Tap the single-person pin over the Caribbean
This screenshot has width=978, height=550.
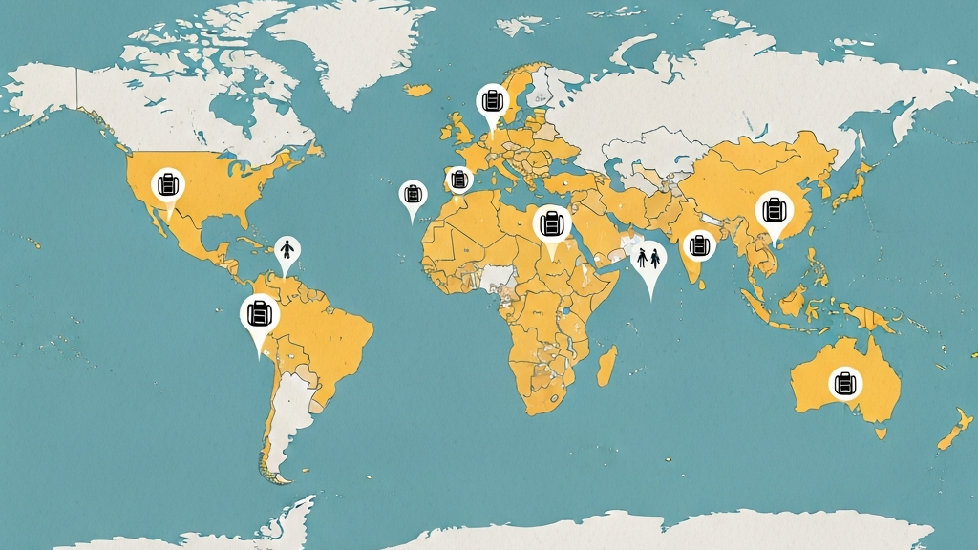(x=287, y=250)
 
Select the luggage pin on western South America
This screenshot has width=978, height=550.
(x=259, y=312)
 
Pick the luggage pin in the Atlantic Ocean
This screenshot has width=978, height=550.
(x=413, y=195)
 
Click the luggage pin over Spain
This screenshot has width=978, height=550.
(x=459, y=179)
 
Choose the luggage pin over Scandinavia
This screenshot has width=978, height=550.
(x=493, y=99)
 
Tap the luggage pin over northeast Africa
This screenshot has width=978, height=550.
(x=551, y=224)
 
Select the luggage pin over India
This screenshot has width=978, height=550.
(x=700, y=245)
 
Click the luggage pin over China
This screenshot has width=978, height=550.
(x=774, y=211)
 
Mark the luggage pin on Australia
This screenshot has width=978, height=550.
(x=844, y=383)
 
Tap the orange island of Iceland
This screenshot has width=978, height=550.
(x=416, y=90)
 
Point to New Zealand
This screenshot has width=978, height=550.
(x=955, y=430)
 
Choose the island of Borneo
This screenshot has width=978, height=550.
(x=792, y=301)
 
